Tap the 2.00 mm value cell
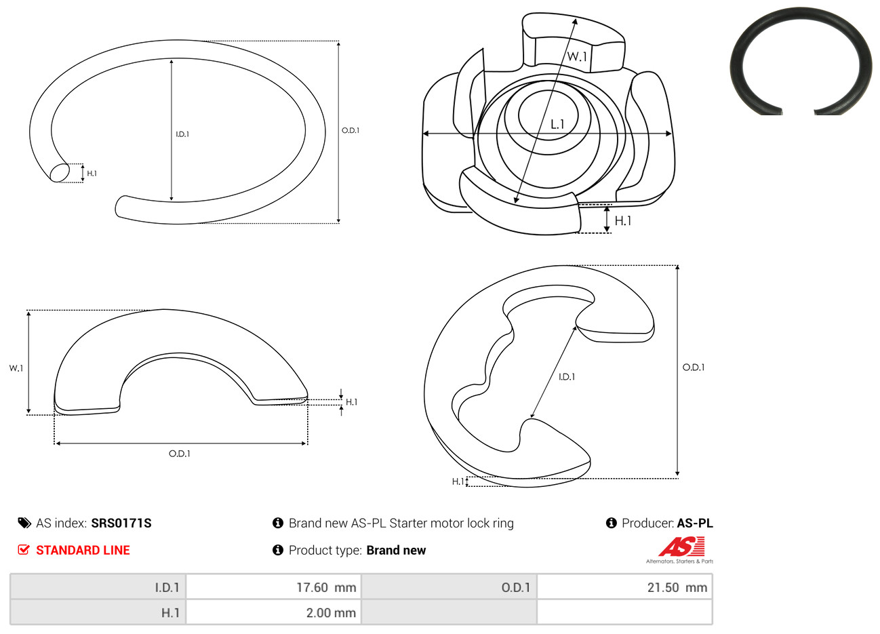[x=274, y=612]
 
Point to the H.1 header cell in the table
[x=98, y=612]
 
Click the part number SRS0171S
[x=121, y=523]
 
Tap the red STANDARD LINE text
[x=83, y=551]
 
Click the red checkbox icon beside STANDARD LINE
[x=24, y=550]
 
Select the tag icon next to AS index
[x=24, y=523]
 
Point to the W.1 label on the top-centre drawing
[x=577, y=57]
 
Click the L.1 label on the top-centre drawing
[x=557, y=125]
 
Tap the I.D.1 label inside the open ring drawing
[x=182, y=134]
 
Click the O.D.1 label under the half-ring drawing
[x=180, y=454]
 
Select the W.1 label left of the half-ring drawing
[x=16, y=368]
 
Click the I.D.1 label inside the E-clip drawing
[x=567, y=377]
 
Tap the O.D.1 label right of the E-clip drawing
[x=694, y=368]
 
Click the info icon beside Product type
[x=278, y=550]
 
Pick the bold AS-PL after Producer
[x=694, y=523]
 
